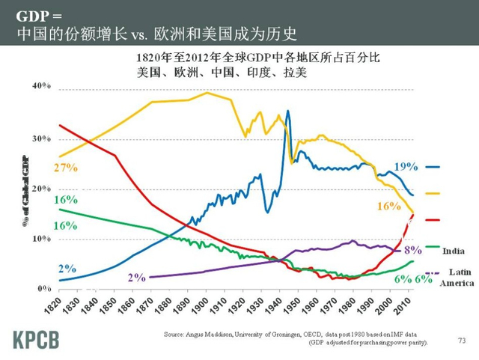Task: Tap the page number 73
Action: coord(461,341)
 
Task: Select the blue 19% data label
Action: coord(406,166)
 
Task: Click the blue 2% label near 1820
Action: coord(67,268)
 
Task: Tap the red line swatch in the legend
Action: coord(432,220)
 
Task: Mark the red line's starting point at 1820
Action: coord(59,125)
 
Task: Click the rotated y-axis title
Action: coord(26,189)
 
